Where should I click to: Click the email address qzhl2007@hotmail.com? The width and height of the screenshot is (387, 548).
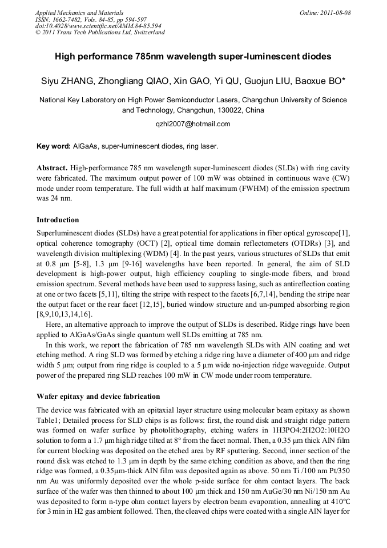point(193,124)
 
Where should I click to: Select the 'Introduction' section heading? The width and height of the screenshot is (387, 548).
point(58,220)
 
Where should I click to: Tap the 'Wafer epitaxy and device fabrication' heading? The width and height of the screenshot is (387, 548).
point(98,396)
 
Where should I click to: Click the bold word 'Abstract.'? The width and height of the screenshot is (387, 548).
point(53,169)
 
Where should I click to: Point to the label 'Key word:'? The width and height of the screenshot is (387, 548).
point(54,146)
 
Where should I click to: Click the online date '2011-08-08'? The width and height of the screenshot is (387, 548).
point(336,13)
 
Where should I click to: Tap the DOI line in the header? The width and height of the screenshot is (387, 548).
point(98,26)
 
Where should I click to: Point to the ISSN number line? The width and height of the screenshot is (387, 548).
point(90,19)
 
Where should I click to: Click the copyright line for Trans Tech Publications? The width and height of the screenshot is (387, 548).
point(100,32)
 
